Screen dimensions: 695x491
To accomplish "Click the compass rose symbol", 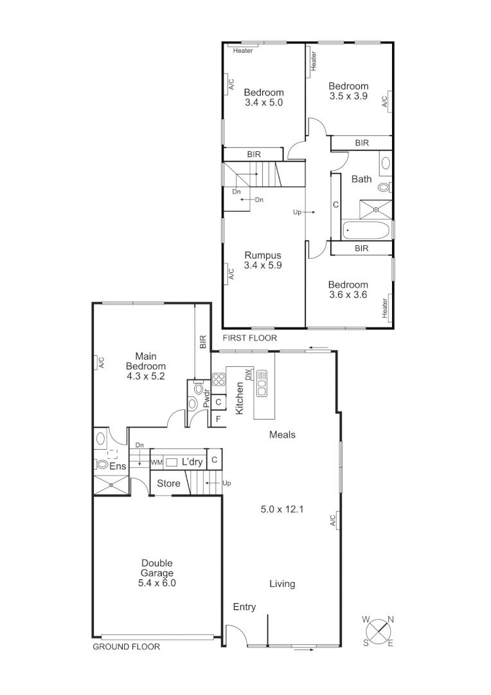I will pos(379,631).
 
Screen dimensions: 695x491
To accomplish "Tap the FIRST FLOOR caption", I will pos(249,338).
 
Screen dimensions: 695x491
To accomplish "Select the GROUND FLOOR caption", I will pos(127,647).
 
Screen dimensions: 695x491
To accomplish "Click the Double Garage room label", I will pos(157,573).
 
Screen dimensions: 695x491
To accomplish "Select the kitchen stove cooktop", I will pos(218,379).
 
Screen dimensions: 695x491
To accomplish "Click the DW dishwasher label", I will pos(247,375).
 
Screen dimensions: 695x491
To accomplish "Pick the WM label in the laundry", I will pos(156,462).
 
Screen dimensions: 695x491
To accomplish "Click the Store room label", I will pos(168,483).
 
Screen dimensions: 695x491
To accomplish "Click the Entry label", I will pos(244,607).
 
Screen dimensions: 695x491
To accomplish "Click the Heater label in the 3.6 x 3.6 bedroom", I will pos(386,307).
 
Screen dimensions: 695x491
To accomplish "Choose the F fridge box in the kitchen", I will pos(219,419).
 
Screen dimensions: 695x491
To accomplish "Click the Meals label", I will pos(282,434).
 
